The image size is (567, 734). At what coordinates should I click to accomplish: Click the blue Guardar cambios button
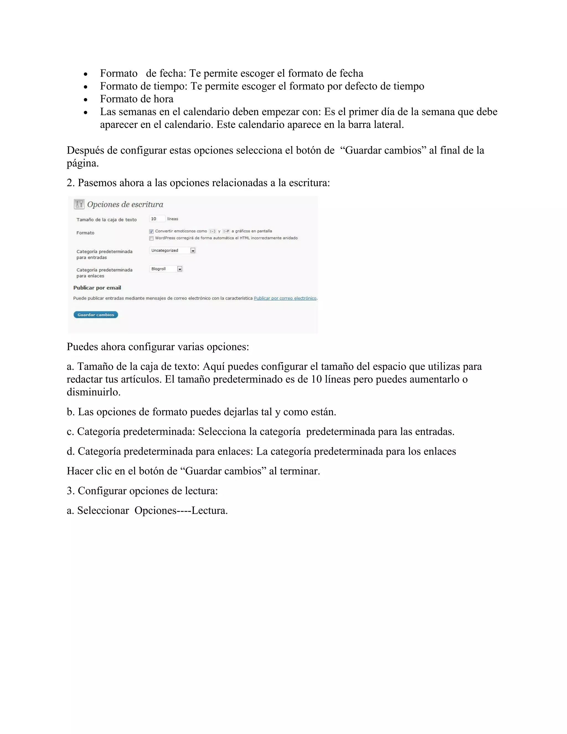click(96, 315)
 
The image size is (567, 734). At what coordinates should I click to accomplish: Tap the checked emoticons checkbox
click(151, 232)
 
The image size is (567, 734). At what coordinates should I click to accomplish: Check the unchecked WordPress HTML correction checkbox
click(151, 238)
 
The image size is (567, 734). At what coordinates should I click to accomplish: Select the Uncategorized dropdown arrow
click(193, 251)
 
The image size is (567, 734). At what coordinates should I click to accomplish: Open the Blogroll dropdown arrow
click(180, 269)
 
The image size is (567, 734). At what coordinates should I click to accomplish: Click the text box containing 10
click(157, 219)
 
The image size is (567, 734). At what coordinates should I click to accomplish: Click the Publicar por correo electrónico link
click(285, 298)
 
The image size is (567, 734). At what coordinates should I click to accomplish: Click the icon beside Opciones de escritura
click(79, 204)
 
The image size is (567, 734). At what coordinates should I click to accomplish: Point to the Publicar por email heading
click(97, 288)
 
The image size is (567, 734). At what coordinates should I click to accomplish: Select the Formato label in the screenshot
click(85, 233)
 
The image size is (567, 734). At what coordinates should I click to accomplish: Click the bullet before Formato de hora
click(86, 100)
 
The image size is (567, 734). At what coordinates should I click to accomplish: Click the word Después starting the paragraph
click(85, 150)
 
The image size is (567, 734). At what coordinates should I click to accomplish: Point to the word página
click(82, 164)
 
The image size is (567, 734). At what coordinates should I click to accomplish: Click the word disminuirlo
click(93, 392)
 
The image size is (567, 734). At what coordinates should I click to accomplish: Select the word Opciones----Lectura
click(181, 510)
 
